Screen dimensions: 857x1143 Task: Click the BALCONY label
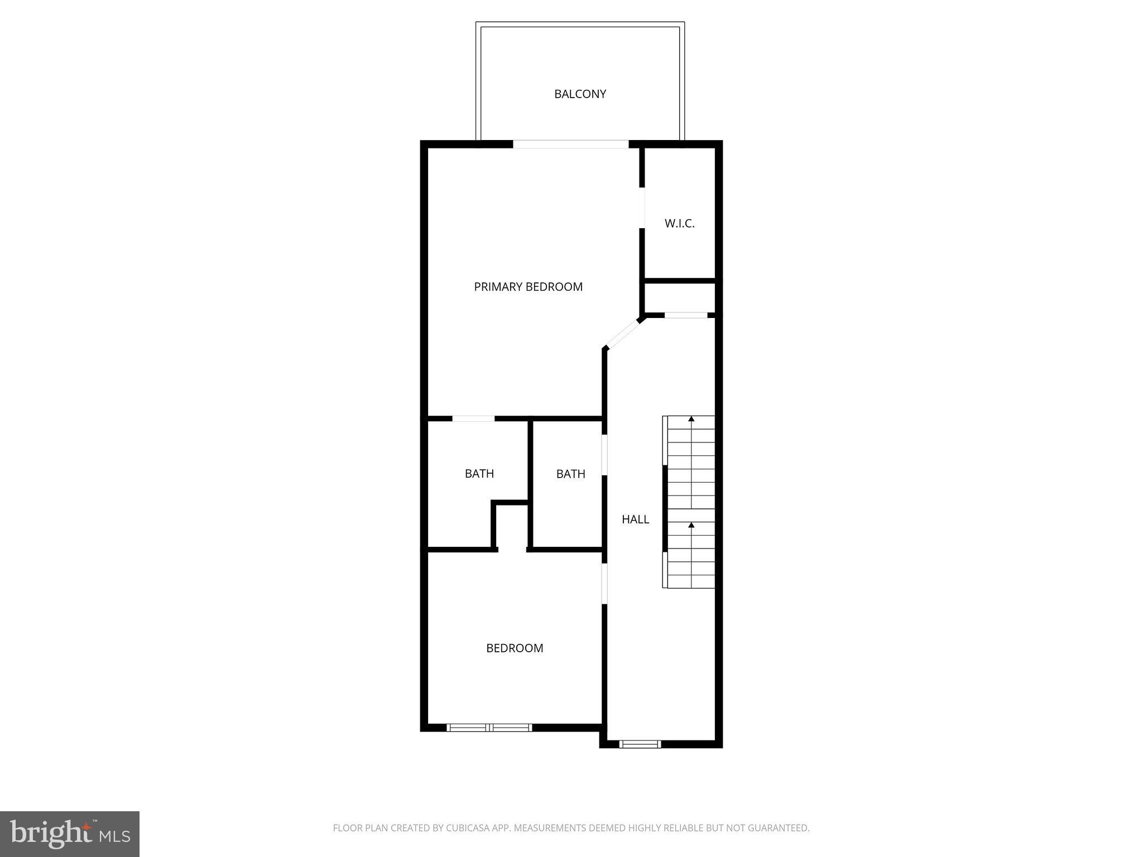click(x=580, y=94)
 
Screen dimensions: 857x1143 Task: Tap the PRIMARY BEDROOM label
click(x=528, y=287)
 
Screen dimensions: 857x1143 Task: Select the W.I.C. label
click(x=679, y=224)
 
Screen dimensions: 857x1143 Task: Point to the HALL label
click(x=635, y=519)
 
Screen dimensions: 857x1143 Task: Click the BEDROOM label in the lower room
click(x=515, y=648)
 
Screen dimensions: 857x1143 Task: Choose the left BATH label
click(x=479, y=474)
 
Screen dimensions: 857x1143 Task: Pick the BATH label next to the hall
click(x=570, y=474)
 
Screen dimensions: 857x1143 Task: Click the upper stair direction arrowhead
click(x=691, y=418)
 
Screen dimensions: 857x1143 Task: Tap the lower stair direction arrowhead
click(x=691, y=525)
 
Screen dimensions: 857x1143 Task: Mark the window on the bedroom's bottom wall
click(x=489, y=728)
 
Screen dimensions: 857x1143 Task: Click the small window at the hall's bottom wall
click(x=640, y=744)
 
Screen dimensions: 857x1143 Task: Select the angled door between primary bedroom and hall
click(x=623, y=334)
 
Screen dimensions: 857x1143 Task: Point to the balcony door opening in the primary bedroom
click(x=570, y=144)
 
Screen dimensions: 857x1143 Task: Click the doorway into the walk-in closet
click(x=642, y=208)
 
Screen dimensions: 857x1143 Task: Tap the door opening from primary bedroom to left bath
click(x=473, y=418)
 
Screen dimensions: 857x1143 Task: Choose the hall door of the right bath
click(x=604, y=455)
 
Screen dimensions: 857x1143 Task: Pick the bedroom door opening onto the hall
click(x=604, y=584)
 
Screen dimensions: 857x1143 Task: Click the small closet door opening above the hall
click(x=686, y=316)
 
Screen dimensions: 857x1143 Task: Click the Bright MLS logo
click(x=70, y=834)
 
